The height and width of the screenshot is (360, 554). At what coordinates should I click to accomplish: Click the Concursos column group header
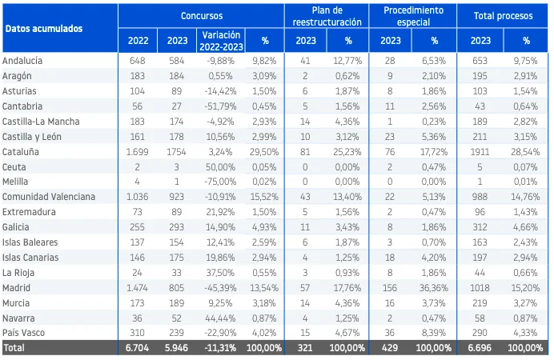tap(202, 16)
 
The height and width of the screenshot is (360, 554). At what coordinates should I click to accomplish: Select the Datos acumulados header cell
tap(44, 29)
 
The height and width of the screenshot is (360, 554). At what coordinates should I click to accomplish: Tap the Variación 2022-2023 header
tap(221, 41)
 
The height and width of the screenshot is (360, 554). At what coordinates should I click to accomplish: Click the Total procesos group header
tap(503, 16)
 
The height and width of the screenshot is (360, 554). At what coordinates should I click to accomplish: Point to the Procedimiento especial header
tap(413, 16)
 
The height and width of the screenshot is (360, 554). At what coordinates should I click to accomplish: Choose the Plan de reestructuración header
tap(327, 16)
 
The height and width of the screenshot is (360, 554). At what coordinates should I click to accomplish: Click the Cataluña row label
tap(21, 152)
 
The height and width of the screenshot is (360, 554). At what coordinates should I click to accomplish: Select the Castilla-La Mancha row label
tap(41, 122)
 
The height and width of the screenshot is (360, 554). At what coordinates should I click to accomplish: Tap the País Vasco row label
tap(24, 333)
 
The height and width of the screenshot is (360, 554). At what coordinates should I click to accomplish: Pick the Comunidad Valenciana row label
tap(49, 197)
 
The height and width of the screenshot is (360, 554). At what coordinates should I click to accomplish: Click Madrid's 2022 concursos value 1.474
tap(138, 288)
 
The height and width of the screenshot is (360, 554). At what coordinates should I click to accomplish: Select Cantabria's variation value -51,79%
tap(220, 106)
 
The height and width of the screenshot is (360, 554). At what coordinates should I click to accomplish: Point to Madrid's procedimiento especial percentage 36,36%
tap(434, 288)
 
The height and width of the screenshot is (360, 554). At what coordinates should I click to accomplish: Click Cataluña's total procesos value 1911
tap(480, 152)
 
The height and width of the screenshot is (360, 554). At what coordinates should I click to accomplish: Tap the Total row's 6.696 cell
tap(480, 348)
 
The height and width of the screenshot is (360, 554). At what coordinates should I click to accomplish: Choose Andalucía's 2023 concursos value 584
tap(177, 61)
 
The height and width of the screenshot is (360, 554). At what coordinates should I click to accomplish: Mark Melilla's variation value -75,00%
tap(220, 182)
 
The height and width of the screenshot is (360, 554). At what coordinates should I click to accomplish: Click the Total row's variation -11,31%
tap(220, 348)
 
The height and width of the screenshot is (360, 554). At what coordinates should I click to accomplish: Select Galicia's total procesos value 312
tap(480, 227)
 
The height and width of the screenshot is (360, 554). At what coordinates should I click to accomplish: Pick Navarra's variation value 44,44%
tap(220, 318)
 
